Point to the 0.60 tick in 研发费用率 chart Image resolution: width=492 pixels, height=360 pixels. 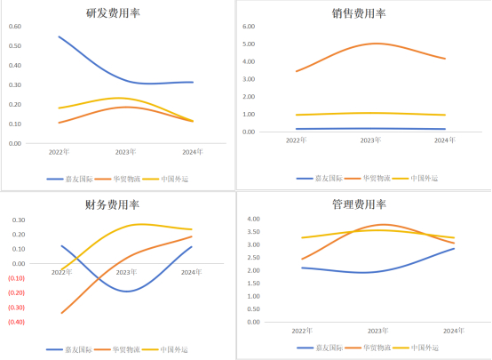15,25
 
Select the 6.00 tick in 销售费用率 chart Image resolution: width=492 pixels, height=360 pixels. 249,27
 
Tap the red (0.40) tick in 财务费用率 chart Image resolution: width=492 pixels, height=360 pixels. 16,322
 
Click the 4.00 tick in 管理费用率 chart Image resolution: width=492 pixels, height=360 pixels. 252,219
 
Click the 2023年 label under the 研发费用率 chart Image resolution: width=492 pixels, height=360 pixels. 127,151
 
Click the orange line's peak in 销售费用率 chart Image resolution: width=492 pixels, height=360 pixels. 377,43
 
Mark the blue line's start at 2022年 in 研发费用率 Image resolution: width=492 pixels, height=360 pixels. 59,36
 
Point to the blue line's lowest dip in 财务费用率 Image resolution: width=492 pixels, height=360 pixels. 127,291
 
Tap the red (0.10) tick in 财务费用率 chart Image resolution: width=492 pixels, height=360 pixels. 16,278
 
